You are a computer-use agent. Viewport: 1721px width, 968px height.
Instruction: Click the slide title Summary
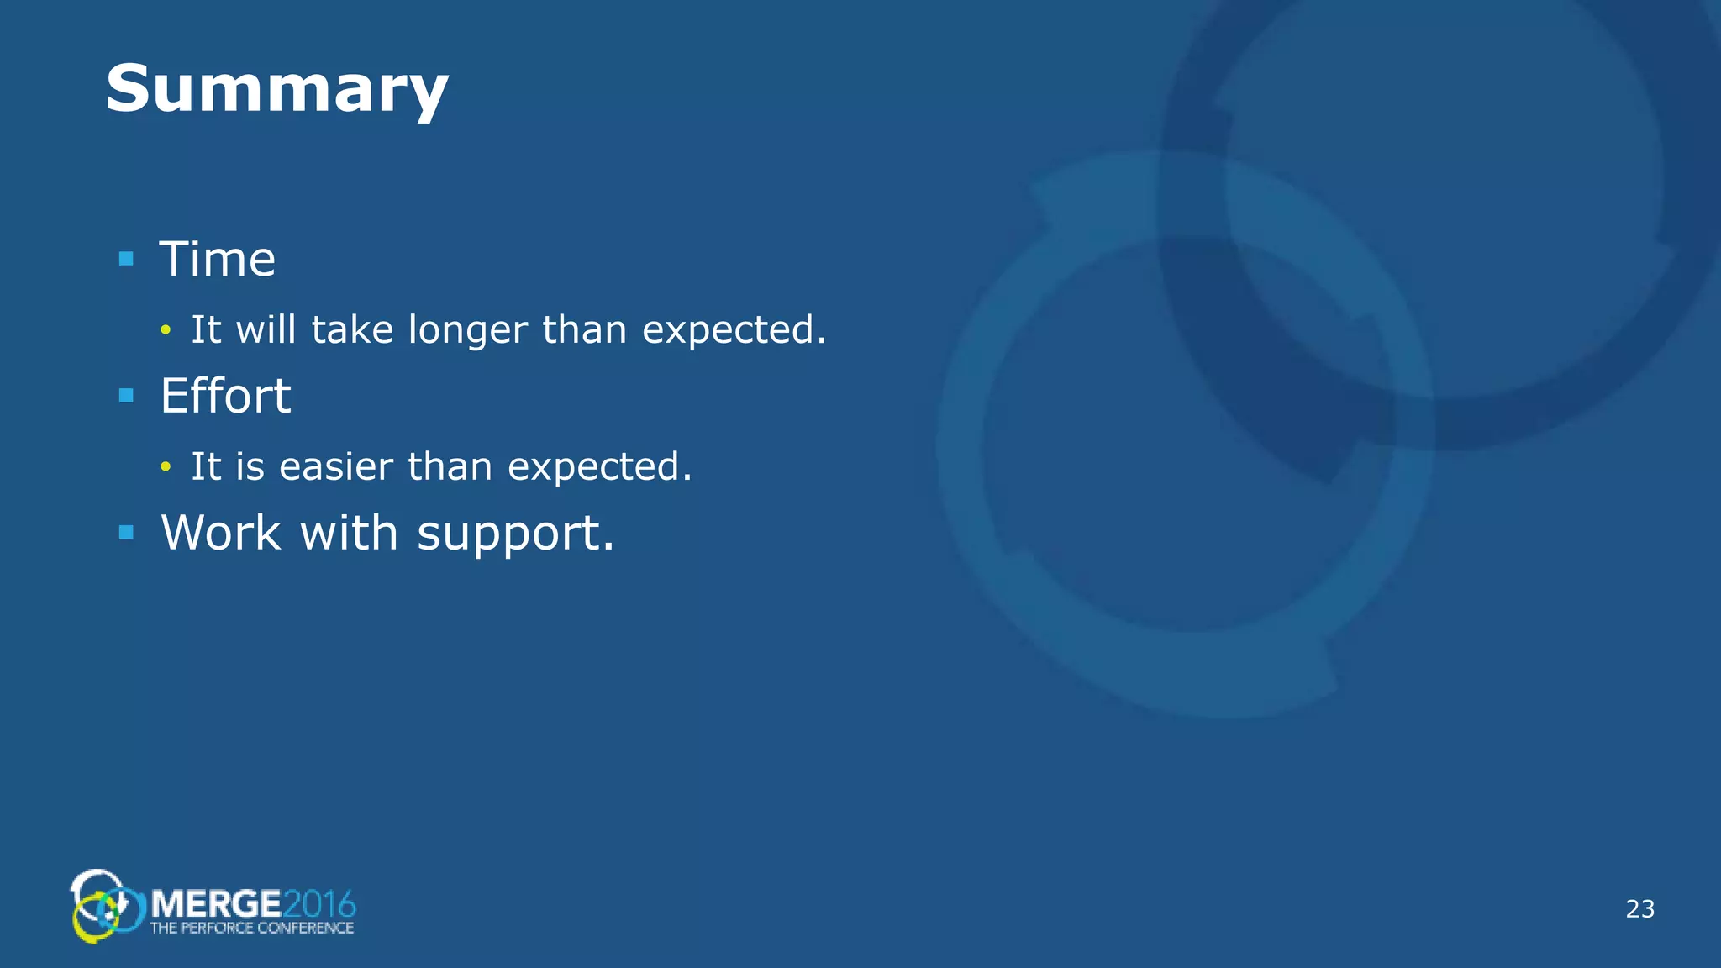(276, 89)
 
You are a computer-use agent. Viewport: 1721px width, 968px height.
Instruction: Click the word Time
(218, 259)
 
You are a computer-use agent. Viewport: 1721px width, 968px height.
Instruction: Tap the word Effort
(225, 396)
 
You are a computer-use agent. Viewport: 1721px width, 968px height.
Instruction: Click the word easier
(336, 467)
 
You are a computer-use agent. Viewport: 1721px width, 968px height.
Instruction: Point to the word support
(514, 534)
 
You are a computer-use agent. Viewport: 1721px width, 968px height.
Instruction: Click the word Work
(221, 533)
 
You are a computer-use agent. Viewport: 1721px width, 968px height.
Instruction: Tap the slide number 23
(1639, 909)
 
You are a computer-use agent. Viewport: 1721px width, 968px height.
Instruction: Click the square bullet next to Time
(127, 259)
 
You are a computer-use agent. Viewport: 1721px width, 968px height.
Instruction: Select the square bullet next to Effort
(127, 395)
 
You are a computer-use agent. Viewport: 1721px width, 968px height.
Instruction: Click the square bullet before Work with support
(127, 532)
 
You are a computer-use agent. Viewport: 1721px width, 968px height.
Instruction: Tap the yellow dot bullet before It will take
(166, 330)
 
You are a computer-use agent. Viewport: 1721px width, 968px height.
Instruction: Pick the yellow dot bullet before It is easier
(166, 466)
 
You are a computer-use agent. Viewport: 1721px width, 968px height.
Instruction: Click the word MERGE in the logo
(217, 904)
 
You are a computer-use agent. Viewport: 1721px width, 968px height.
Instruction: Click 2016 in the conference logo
(319, 904)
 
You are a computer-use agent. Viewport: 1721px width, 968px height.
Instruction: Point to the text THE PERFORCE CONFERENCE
(251, 929)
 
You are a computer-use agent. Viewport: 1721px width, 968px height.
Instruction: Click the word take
(352, 329)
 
